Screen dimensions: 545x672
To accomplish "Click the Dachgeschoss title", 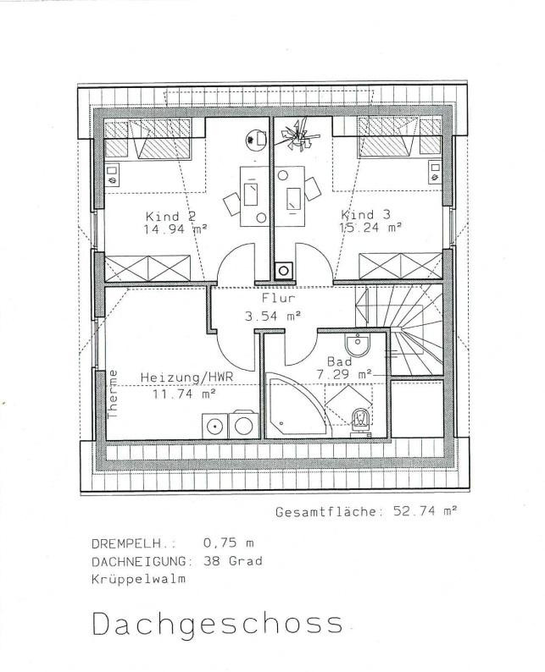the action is click(218, 625).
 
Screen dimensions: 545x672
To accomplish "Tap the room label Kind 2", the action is click(171, 216).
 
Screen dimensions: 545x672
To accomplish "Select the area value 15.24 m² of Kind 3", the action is click(370, 227).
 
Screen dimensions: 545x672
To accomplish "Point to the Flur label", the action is click(279, 297).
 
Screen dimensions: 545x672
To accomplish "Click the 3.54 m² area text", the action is click(273, 317).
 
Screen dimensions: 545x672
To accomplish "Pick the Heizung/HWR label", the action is click(187, 377).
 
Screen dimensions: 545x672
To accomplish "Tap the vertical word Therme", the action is click(113, 394).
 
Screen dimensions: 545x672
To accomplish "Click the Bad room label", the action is click(339, 361).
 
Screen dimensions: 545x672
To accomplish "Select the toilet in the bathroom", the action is click(360, 421).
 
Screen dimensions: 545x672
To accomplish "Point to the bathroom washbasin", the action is click(358, 345).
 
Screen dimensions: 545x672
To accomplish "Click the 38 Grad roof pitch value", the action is click(233, 561).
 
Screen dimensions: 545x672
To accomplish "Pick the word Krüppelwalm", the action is click(139, 579).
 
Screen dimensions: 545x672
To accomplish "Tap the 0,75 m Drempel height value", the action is click(228, 543).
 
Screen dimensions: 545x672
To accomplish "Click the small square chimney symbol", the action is click(284, 271).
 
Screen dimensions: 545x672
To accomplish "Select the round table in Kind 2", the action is click(256, 140).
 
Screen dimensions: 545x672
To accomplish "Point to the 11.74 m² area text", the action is click(184, 394).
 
